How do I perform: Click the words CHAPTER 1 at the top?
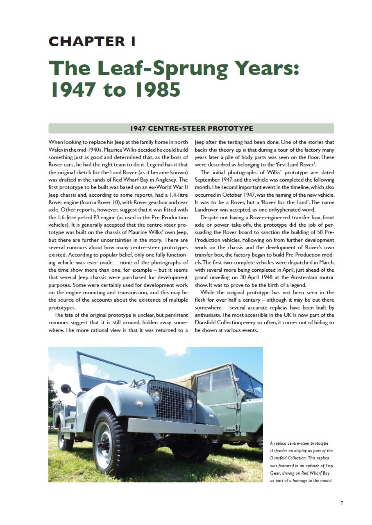pos(92,41)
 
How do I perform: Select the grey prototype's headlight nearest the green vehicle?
pos(190,403)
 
